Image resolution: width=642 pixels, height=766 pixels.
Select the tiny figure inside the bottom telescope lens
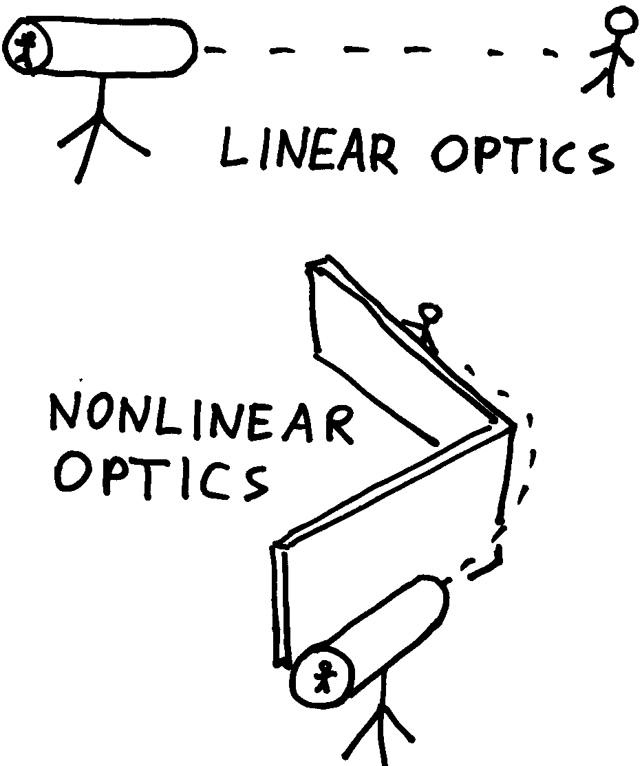coord(323,676)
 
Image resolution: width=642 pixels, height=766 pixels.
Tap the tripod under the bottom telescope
coord(379,729)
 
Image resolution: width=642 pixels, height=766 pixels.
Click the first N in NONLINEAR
coord(65,414)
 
